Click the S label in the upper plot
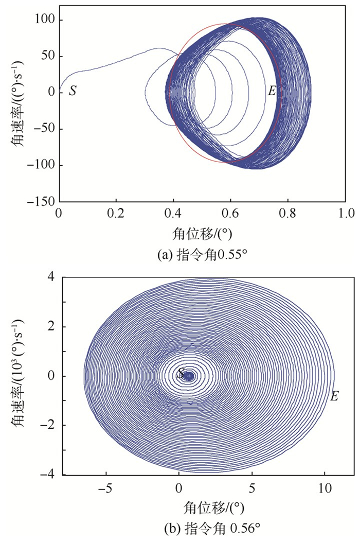click(x=73, y=92)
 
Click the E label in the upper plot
click(x=272, y=92)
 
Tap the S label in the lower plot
click(x=181, y=374)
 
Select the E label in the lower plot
click(x=334, y=396)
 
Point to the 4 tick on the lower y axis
click(x=51, y=278)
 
